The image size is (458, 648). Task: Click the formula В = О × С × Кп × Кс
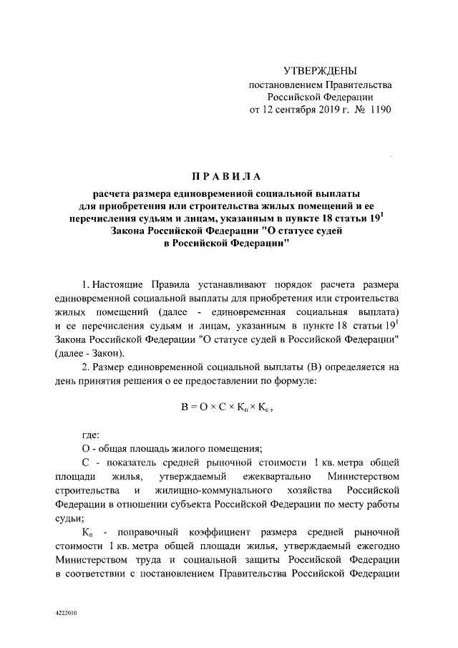(x=227, y=406)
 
